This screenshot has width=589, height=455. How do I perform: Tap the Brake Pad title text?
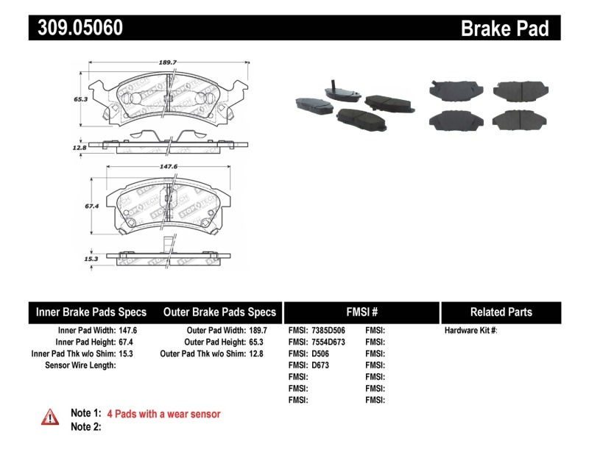[504, 28]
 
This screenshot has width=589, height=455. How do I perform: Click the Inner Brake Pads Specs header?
[91, 312]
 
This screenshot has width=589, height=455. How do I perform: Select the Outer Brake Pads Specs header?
[219, 312]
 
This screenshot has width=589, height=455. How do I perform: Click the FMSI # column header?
[361, 312]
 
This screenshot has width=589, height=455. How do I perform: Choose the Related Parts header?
[501, 312]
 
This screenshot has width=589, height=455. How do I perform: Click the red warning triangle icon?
[50, 417]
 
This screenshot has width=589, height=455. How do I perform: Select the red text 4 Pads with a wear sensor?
[163, 414]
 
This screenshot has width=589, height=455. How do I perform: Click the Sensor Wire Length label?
[80, 365]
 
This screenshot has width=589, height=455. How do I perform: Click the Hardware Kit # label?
[470, 331]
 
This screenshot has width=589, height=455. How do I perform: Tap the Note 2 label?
[85, 426]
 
